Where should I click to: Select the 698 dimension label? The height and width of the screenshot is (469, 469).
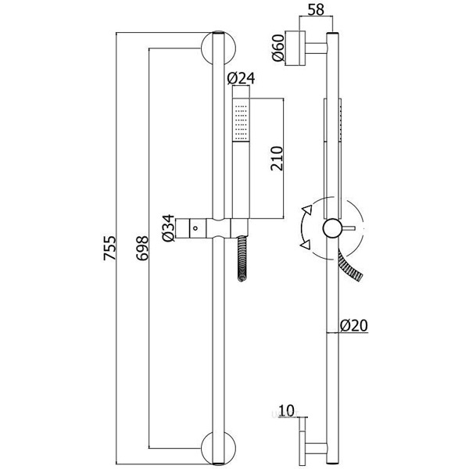point(141,249)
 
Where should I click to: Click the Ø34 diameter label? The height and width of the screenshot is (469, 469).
point(167,228)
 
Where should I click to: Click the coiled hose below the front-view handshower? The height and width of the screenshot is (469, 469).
point(242,258)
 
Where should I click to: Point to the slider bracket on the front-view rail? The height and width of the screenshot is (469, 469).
point(209,228)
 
